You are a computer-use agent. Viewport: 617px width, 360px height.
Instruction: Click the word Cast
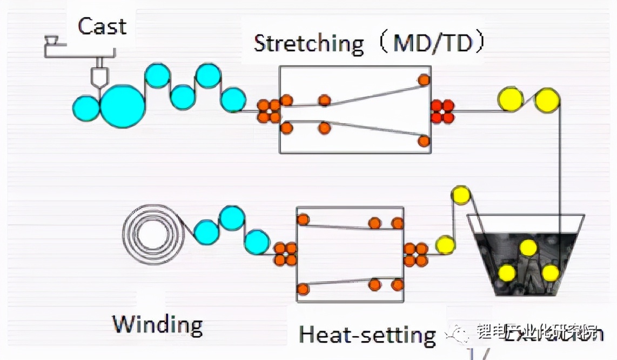pos(102,26)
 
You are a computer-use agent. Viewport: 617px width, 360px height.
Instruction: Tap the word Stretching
pos(309,43)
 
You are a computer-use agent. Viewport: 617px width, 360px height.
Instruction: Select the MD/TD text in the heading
pos(432,43)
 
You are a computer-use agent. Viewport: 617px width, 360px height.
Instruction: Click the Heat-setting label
pos(367,335)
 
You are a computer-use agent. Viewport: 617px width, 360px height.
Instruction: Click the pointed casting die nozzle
pos(98,78)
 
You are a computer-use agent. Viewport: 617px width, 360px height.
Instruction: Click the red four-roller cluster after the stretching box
pos(442,111)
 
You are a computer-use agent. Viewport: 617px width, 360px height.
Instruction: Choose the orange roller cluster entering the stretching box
pos(269,111)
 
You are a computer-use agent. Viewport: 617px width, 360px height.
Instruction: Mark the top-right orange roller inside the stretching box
pos(424,80)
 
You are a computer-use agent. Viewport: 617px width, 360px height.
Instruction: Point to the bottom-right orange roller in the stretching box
pos(424,141)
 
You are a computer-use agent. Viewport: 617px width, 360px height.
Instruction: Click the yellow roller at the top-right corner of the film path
pos(547,100)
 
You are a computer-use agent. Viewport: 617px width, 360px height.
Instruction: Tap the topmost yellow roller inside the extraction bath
pos(528,248)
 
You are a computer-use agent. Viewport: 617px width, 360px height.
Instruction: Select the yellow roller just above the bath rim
pos(460,195)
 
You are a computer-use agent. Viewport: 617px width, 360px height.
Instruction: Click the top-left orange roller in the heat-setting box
pos(303,219)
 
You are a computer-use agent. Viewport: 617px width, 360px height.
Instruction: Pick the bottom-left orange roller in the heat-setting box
pos(303,289)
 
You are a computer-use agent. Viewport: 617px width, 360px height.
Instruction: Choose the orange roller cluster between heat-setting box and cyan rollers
pos(285,254)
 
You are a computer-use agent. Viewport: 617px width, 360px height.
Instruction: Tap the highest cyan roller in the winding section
pos(232,218)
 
